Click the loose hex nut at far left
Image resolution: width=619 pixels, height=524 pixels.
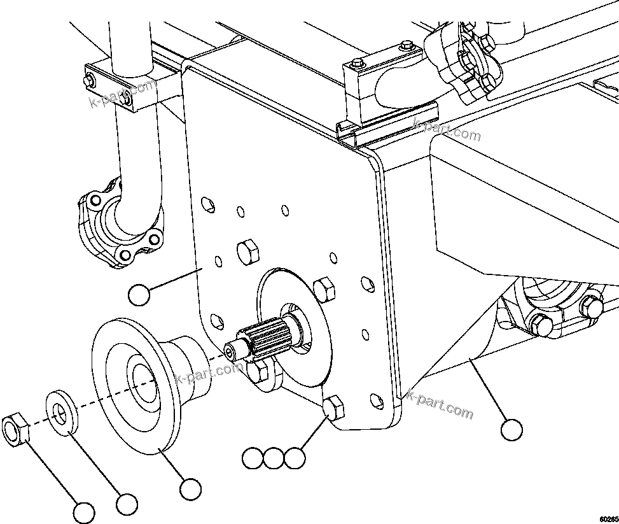click(17, 430)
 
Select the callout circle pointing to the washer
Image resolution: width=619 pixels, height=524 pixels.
click(127, 503)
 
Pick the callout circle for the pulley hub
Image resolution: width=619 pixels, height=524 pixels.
click(190, 489)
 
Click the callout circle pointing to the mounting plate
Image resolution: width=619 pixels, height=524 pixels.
click(139, 295)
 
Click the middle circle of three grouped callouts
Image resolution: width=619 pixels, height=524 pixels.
click(274, 458)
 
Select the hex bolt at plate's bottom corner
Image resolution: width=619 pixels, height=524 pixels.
click(335, 407)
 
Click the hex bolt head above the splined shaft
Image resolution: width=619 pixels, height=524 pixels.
click(247, 251)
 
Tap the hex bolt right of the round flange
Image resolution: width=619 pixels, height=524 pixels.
click(324, 290)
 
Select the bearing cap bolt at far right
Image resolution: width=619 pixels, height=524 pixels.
click(592, 308)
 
